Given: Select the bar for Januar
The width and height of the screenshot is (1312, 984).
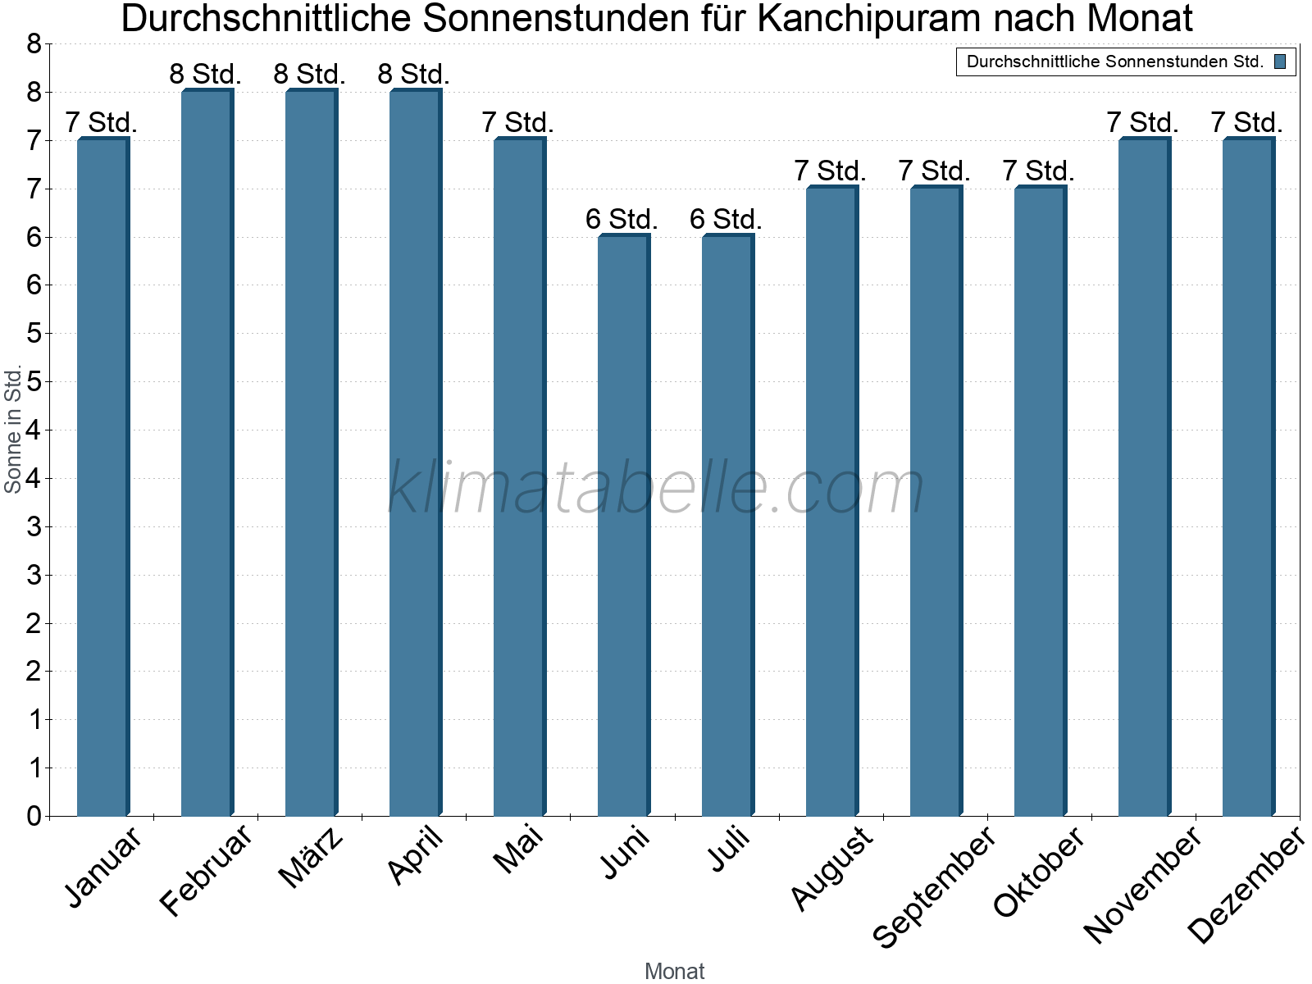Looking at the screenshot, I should point(102,476).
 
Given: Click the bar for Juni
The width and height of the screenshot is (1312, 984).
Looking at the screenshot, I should point(623,525).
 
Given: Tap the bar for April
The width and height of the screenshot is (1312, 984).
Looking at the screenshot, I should point(415,451).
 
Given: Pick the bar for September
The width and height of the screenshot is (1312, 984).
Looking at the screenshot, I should point(936,500).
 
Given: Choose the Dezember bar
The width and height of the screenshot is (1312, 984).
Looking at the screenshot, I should point(1248,476).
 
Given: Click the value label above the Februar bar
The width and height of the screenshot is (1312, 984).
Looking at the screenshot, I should point(205,75).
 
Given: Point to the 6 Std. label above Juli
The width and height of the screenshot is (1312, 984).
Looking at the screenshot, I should point(726,220).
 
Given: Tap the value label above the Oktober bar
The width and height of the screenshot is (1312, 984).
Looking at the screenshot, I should point(1038,171).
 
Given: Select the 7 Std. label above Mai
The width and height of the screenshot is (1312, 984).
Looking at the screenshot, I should point(517,123).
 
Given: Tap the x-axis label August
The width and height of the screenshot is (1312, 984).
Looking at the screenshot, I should point(831,868).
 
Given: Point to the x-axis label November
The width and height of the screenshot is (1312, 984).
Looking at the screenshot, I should point(1142,884).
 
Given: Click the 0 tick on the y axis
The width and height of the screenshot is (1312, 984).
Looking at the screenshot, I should point(34,816).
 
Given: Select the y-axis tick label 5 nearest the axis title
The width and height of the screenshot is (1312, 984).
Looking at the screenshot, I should point(34,381).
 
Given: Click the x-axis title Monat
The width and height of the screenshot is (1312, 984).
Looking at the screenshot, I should point(674,971).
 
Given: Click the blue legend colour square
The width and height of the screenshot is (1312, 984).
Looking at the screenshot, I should point(1280,61).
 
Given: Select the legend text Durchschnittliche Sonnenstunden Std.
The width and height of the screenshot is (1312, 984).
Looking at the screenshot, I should point(1115,61).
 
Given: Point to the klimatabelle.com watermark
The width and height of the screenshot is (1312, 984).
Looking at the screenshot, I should point(656,488).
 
